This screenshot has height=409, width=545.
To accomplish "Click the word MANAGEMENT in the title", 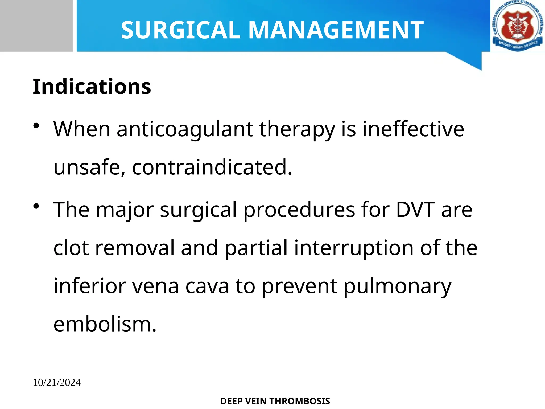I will [x=336, y=30].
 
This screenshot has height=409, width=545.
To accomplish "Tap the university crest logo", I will [x=517, y=26].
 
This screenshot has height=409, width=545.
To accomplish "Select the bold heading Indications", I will [x=92, y=87].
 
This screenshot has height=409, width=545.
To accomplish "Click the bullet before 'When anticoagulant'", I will [x=36, y=126].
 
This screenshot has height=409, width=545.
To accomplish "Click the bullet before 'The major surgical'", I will [x=36, y=206].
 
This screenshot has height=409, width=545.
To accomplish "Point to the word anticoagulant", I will [x=185, y=129].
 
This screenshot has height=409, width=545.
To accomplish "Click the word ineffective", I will [x=413, y=129].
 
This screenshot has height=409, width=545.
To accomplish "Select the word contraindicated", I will [x=212, y=167].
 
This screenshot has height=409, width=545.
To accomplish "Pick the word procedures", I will [x=299, y=210].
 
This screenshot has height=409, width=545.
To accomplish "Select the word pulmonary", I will [x=397, y=287].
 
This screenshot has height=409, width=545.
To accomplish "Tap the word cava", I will [x=207, y=287].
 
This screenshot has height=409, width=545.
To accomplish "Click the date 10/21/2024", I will [x=57, y=383].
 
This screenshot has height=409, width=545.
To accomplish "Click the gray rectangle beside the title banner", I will [x=36, y=26].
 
